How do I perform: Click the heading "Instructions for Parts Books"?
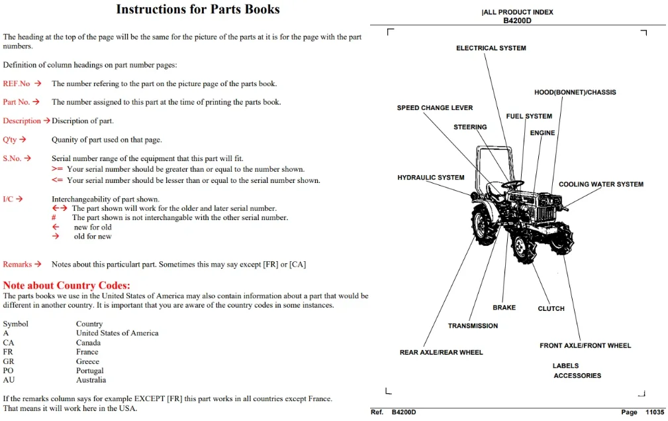pyautogui.click(x=198, y=9)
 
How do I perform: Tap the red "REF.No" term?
pyautogui.click(x=17, y=84)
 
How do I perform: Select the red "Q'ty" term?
pyautogui.click(x=10, y=139)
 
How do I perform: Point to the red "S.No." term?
pyautogui.click(x=12, y=158)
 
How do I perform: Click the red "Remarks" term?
pyautogui.click(x=17, y=265)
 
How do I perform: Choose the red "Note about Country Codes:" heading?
pyautogui.click(x=66, y=285)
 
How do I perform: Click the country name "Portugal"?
pyautogui.click(x=90, y=370)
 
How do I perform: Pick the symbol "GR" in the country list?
pyautogui.click(x=9, y=361)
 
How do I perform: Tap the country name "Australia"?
pyautogui.click(x=91, y=380)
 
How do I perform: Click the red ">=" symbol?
pyautogui.click(x=57, y=169)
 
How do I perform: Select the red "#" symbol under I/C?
pyautogui.click(x=54, y=217)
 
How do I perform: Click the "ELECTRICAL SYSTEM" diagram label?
pyautogui.click(x=491, y=48)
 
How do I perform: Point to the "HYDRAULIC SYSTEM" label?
pyautogui.click(x=431, y=178)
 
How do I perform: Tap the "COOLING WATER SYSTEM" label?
pyautogui.click(x=601, y=184)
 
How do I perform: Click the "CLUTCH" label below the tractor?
pyautogui.click(x=551, y=308)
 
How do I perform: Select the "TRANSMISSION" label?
pyautogui.click(x=473, y=326)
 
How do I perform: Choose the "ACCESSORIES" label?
pyautogui.click(x=577, y=376)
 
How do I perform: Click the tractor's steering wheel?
pyautogui.click(x=512, y=185)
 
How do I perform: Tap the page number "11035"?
pyautogui.click(x=655, y=412)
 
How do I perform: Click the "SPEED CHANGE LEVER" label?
pyautogui.click(x=435, y=108)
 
